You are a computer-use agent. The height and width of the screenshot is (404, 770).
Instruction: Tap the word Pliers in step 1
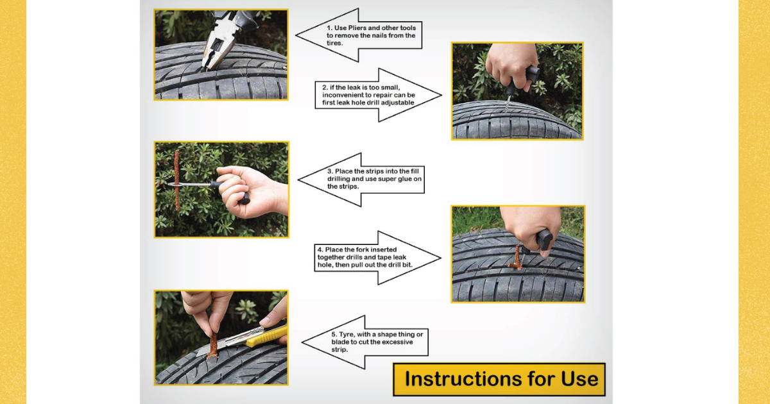tap(358, 28)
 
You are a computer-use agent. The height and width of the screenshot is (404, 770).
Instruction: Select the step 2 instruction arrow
tap(378, 95)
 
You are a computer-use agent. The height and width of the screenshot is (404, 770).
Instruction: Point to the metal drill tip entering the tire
tap(508, 104)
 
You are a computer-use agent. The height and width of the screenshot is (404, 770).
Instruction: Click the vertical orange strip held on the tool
tap(176, 180)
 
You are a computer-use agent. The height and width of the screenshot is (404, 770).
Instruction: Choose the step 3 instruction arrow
tap(361, 180)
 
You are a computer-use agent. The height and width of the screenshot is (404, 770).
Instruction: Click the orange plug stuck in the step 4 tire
tap(517, 258)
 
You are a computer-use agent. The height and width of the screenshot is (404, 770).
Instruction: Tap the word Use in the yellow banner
tap(579, 379)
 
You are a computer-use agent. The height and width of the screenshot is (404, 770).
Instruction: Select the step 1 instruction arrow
tap(359, 35)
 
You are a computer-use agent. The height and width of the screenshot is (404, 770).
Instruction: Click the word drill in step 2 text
tap(373, 103)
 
